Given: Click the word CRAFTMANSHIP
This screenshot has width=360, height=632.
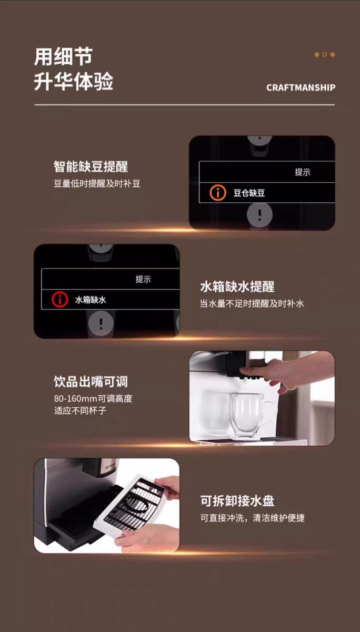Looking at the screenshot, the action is (x=301, y=88).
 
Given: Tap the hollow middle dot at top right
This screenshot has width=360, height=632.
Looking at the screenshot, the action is (x=325, y=54).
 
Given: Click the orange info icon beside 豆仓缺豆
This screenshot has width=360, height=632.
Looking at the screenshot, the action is (x=218, y=193).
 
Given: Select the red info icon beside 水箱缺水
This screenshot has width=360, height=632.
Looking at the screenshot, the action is (x=60, y=299).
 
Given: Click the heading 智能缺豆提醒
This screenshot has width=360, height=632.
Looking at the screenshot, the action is (x=91, y=166).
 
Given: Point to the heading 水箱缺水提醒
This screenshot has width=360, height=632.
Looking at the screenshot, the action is (x=237, y=287).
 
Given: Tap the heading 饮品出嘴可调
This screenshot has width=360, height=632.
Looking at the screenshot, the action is (x=91, y=381).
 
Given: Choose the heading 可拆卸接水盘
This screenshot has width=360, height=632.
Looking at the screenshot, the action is (x=237, y=501).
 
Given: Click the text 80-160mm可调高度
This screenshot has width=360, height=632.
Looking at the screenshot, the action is (x=93, y=398).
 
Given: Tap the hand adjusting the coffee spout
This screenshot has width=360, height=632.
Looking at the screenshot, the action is (x=285, y=372).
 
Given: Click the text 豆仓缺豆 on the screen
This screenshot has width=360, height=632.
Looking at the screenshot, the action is (x=249, y=193).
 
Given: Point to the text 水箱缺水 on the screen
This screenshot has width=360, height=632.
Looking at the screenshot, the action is (x=91, y=300).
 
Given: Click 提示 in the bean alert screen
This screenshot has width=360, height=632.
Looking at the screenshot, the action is (x=303, y=172).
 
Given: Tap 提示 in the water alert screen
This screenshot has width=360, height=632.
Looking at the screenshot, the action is (x=143, y=279).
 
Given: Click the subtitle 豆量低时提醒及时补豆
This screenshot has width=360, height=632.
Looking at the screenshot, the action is (x=97, y=184).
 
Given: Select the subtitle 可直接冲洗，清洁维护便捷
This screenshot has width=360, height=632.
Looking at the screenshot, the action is (x=253, y=518).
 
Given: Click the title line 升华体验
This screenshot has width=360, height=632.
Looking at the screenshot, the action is (x=74, y=82).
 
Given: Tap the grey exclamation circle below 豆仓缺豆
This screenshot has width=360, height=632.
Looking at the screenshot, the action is (x=259, y=214).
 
